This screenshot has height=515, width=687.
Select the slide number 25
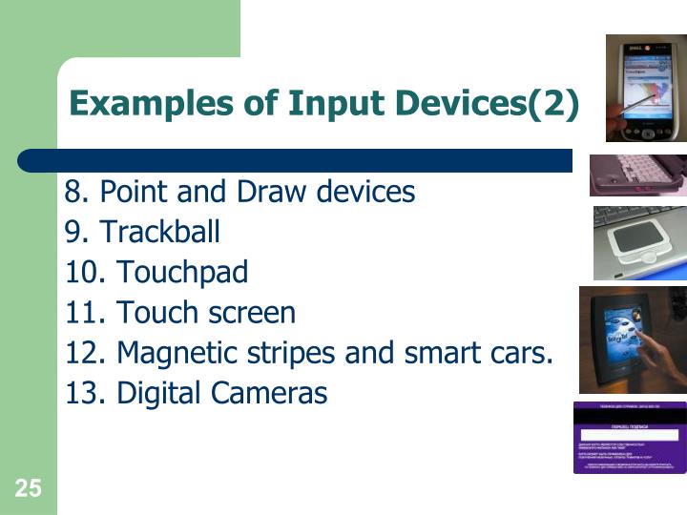(28, 489)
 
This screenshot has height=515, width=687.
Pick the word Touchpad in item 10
(182, 273)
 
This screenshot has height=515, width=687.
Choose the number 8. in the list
(77, 192)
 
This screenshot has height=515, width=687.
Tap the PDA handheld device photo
(646, 91)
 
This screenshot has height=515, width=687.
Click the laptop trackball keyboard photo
(636, 175)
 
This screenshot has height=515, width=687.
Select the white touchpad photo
(639, 242)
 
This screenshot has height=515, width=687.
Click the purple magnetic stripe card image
(629, 438)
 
